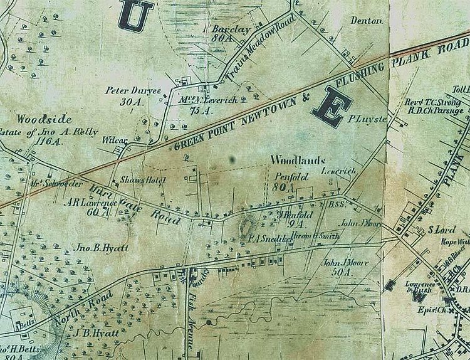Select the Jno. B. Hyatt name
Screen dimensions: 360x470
click(103, 249)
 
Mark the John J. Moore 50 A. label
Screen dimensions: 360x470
click(342, 267)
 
